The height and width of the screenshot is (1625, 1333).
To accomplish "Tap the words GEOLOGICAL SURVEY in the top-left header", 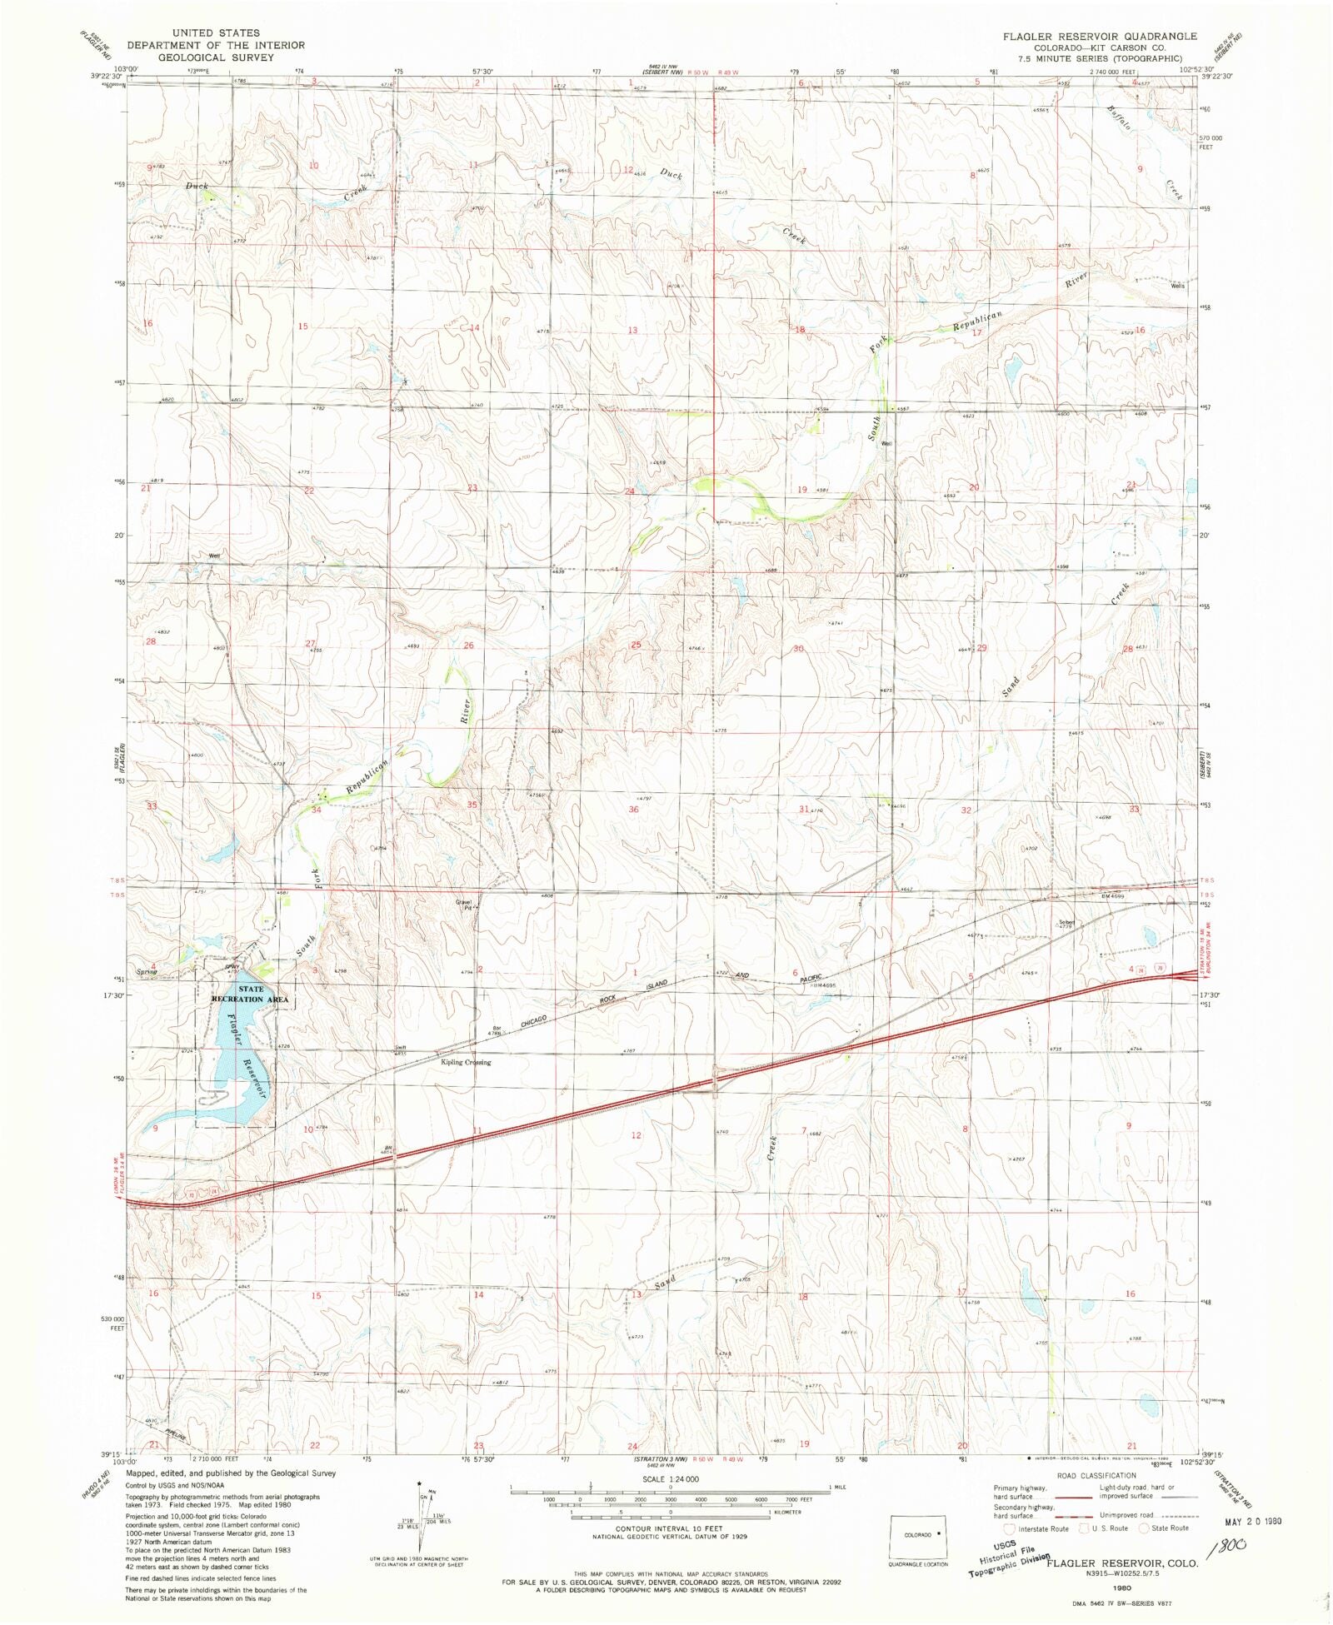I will [x=216, y=57].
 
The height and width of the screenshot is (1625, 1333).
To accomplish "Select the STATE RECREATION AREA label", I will [x=250, y=994].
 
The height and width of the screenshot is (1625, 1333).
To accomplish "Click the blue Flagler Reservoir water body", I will [x=236, y=1074].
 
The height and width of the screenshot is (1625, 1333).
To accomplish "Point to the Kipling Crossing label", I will [x=466, y=1062].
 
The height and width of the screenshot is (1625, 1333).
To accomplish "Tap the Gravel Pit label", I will [x=464, y=905].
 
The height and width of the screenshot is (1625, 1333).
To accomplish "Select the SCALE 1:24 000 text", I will [x=670, y=1478].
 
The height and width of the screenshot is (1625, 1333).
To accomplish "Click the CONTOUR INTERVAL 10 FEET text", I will [x=669, y=1529].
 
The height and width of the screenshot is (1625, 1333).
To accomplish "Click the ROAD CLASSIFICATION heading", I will [x=1096, y=1475].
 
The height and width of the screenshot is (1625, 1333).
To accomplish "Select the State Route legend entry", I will [x=1164, y=1528].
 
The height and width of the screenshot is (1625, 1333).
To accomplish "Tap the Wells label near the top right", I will [x=1177, y=286].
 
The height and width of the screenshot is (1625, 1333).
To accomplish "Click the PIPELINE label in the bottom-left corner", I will [x=176, y=1434].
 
